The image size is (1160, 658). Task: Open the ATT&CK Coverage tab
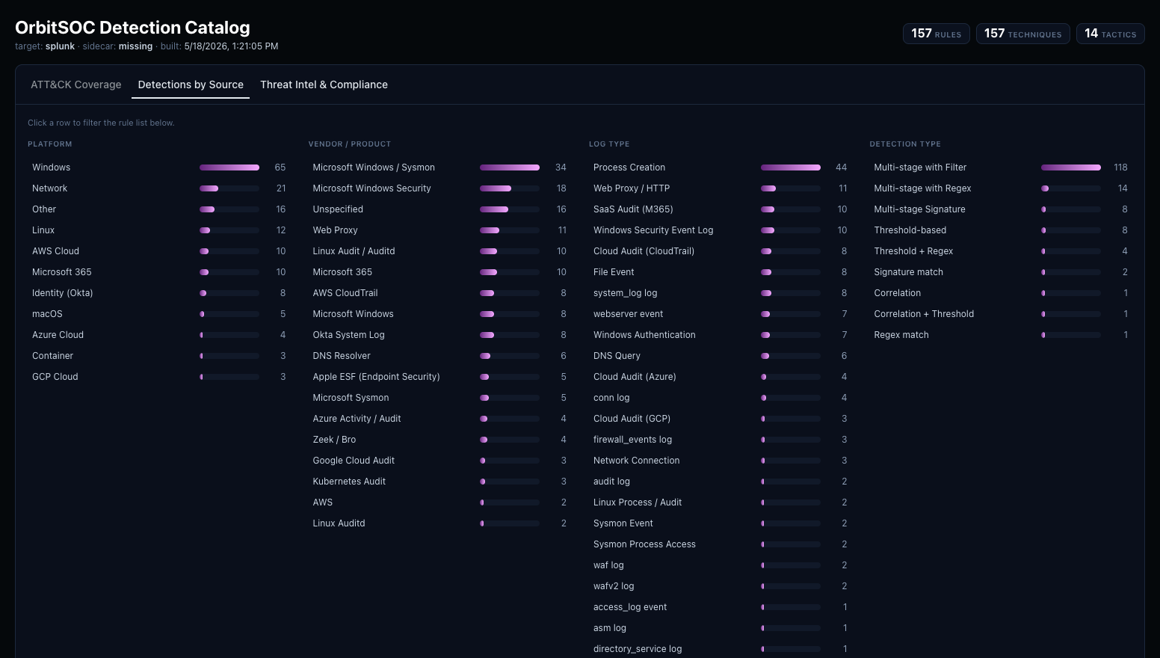(x=75, y=84)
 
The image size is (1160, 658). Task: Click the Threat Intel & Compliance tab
(x=324, y=84)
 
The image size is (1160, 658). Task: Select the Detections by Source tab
(x=191, y=84)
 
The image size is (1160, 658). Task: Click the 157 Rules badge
(x=937, y=34)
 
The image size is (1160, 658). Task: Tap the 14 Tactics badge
(x=1110, y=34)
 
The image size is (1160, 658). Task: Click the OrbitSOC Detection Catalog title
(x=132, y=28)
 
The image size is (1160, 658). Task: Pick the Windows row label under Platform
(x=52, y=167)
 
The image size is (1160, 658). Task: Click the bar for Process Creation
(x=790, y=167)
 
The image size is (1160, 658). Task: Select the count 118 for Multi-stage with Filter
(x=1120, y=167)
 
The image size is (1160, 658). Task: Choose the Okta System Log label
(x=348, y=335)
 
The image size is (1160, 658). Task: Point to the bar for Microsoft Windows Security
(x=510, y=188)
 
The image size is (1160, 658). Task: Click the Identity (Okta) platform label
(x=63, y=292)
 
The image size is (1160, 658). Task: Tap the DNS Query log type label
(x=617, y=356)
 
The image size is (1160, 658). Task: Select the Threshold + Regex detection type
(x=913, y=251)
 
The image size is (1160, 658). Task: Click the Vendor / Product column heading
(x=350, y=144)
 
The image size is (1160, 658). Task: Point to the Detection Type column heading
(x=905, y=144)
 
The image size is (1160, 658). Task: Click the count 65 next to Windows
(x=280, y=167)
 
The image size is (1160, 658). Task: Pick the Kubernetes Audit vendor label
(x=349, y=482)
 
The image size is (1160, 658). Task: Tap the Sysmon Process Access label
(x=644, y=544)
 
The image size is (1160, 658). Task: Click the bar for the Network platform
(x=229, y=188)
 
